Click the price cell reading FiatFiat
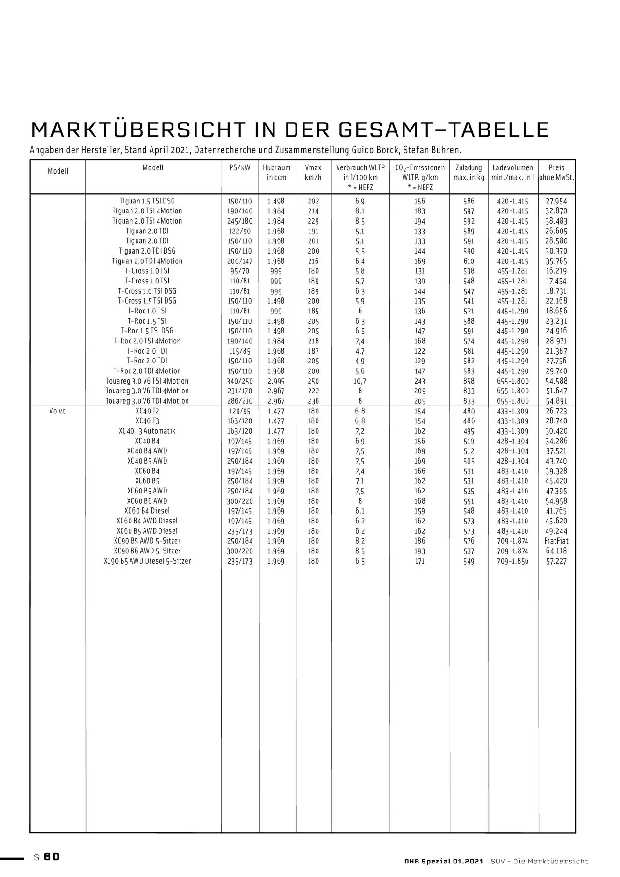click(556, 541)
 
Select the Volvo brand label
click(58, 411)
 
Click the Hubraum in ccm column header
click(276, 172)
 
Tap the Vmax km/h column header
click(313, 172)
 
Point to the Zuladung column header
click(469, 172)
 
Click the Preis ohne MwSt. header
click(556, 172)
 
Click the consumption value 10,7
click(360, 381)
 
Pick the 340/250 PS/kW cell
click(239, 381)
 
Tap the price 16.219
click(556, 271)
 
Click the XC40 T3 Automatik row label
click(147, 431)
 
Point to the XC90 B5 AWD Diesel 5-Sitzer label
click(147, 561)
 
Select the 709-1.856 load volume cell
click(512, 561)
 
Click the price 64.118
click(556, 551)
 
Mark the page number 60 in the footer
click(52, 856)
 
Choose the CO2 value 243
click(419, 381)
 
